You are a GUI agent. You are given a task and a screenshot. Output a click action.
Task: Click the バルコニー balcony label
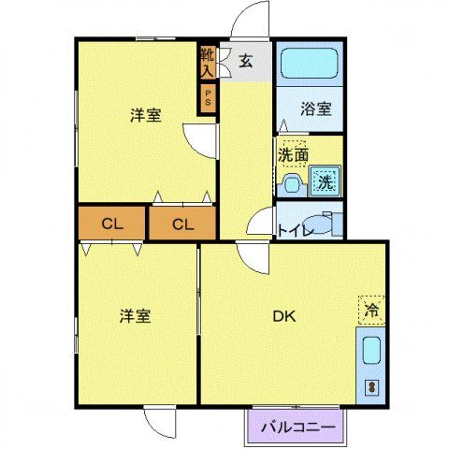pos(297,427)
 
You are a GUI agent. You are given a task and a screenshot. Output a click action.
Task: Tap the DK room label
pos(284,316)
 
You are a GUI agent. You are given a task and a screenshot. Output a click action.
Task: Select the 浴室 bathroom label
pos(315,109)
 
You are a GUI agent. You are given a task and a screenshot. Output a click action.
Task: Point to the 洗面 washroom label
pos(294,154)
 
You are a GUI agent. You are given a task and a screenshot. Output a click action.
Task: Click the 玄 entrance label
pos(246,62)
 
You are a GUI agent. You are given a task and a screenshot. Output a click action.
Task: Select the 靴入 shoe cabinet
pos(207,62)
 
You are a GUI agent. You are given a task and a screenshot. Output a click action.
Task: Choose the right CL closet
pos(182,224)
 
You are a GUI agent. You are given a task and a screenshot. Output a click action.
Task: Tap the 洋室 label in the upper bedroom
pos(145,116)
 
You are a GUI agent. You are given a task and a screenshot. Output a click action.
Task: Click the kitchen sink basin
pos(370,353)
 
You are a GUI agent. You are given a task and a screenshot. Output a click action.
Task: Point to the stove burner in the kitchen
pos(370,386)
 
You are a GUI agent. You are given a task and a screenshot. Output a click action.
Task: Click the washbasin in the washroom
pos(290,181)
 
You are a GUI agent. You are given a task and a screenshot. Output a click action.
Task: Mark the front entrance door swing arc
pos(250,21)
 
